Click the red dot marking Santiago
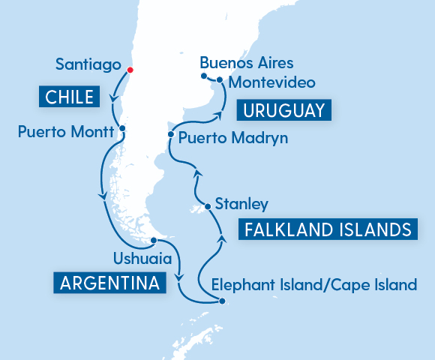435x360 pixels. click(x=130, y=70)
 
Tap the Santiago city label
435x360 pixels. click(x=88, y=65)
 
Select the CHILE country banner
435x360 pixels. click(x=67, y=97)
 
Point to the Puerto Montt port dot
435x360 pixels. click(x=121, y=128)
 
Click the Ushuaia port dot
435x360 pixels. click(x=153, y=241)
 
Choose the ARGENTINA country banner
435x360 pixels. click(x=109, y=283)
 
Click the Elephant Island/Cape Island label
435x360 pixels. click(x=313, y=285)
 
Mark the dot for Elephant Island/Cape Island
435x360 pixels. click(x=222, y=301)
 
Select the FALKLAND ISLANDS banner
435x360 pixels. click(x=328, y=229)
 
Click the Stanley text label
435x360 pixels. click(x=241, y=203)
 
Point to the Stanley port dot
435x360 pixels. click(x=207, y=207)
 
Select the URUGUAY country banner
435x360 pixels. click(x=283, y=111)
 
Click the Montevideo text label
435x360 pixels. click(x=271, y=82)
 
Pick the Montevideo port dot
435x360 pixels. click(x=220, y=79)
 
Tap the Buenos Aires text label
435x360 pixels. click(x=247, y=62)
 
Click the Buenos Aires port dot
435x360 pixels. click(x=204, y=75)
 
